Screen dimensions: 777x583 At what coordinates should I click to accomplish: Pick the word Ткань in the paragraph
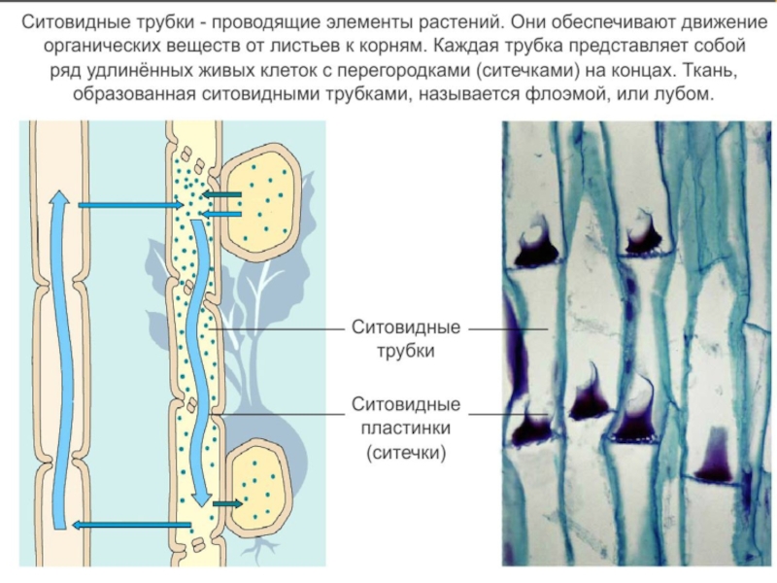pyautogui.click(x=721, y=70)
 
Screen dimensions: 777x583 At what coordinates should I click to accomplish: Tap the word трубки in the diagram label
pyautogui.click(x=406, y=351)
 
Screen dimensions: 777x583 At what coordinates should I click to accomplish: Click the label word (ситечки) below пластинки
pyautogui.click(x=406, y=452)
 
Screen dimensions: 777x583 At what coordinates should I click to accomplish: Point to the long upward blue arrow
pyautogui.click(x=60, y=360)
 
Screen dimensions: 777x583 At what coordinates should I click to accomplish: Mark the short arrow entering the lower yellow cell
pyautogui.click(x=228, y=503)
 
